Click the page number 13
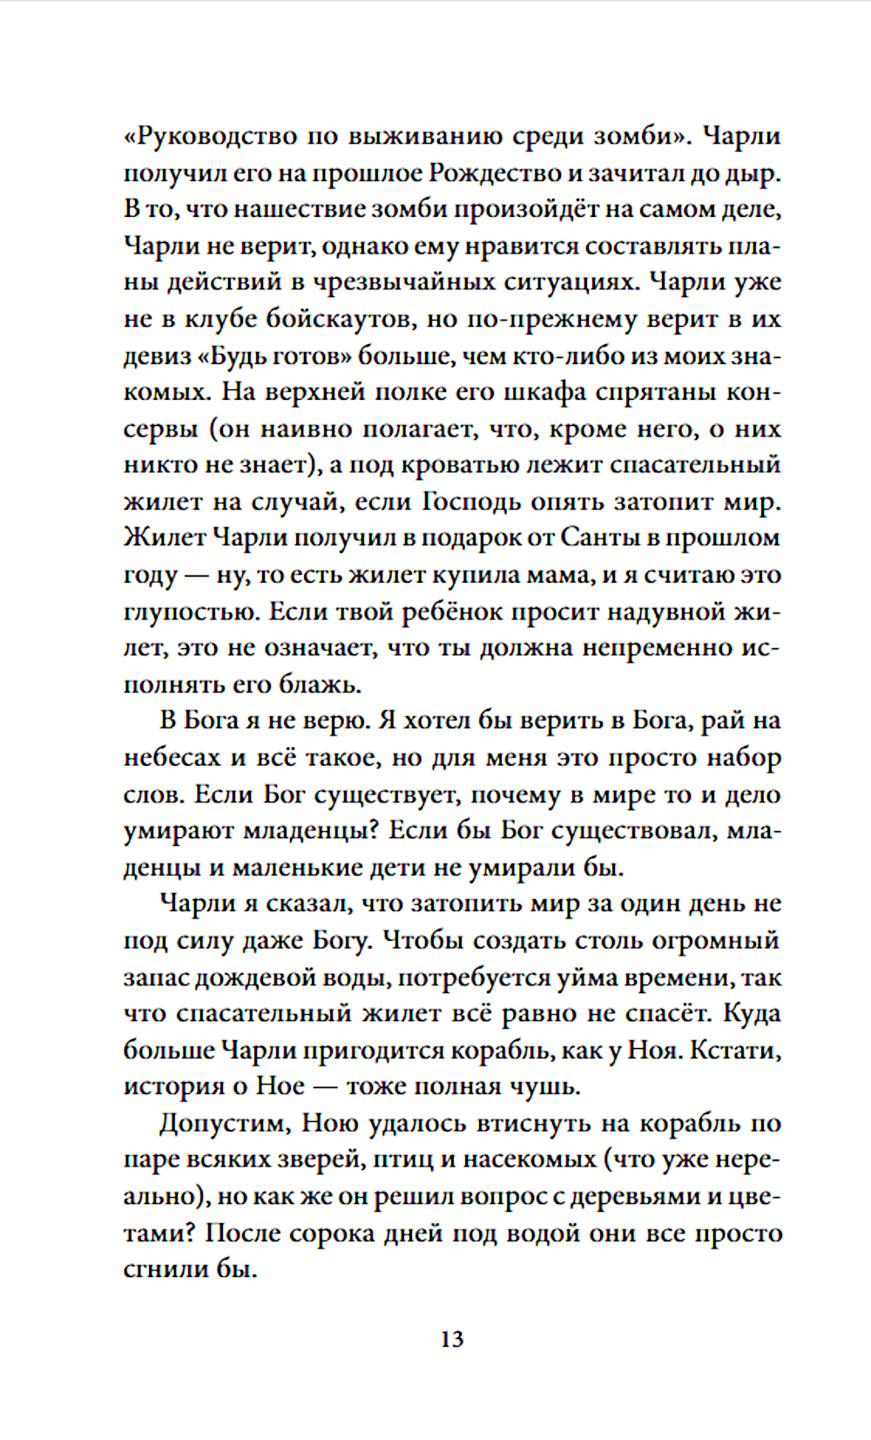tap(452, 1339)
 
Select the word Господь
tap(476, 502)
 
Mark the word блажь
tap(319, 685)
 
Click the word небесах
tap(172, 758)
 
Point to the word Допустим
tap(225, 1124)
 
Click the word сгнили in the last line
tap(165, 1270)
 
